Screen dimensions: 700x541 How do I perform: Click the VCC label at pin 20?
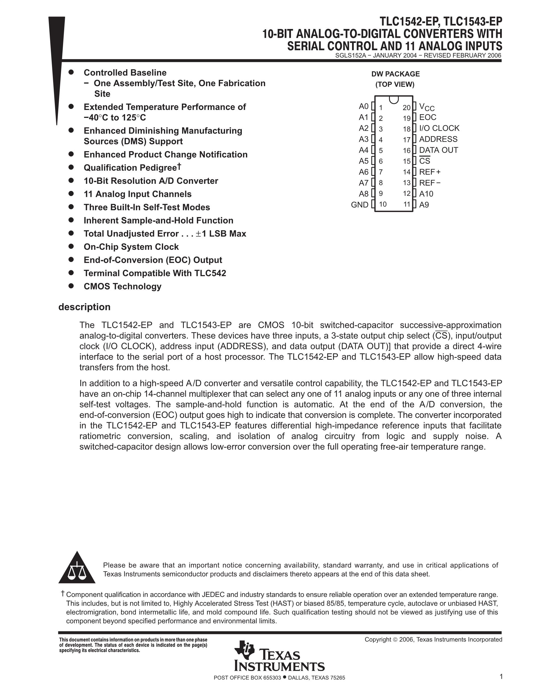click(x=426, y=107)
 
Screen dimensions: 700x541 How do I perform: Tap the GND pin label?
click(x=360, y=205)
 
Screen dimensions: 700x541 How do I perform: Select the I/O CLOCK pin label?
click(x=439, y=128)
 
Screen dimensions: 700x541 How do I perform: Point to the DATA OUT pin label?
click(x=438, y=150)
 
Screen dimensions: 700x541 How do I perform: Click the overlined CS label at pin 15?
click(x=425, y=161)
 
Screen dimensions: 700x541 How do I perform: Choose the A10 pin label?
click(x=426, y=193)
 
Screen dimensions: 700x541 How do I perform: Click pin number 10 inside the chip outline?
click(x=383, y=205)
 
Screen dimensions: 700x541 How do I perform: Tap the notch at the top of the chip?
click(x=394, y=100)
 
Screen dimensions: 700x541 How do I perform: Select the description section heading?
click(x=84, y=307)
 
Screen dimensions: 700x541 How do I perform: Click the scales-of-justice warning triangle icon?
click(x=77, y=568)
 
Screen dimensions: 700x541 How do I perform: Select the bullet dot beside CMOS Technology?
click(x=71, y=286)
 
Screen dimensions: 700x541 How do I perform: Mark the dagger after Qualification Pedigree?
click(x=180, y=166)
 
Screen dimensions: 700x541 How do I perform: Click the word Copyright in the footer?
click(x=378, y=639)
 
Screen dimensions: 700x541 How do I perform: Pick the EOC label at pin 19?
click(x=428, y=117)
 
